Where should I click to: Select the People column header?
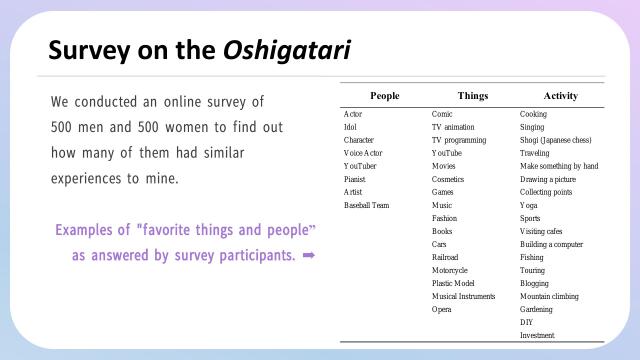coord(384,96)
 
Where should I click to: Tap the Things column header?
coord(473,96)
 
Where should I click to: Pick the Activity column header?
coord(560,96)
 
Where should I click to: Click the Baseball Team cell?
coord(367,205)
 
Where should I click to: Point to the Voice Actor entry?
coord(363,153)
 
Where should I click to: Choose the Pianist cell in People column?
coord(356,179)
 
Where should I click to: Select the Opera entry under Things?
coord(442,309)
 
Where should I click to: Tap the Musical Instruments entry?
coord(464,296)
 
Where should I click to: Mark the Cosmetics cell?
coord(448,179)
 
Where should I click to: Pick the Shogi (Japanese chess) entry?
coord(554,140)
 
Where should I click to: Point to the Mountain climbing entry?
coord(550,296)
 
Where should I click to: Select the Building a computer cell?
coord(553,244)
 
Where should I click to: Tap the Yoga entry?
coord(529,205)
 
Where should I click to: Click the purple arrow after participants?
coord(309,255)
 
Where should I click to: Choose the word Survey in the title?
coord(86,49)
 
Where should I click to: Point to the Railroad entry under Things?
coord(447,257)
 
